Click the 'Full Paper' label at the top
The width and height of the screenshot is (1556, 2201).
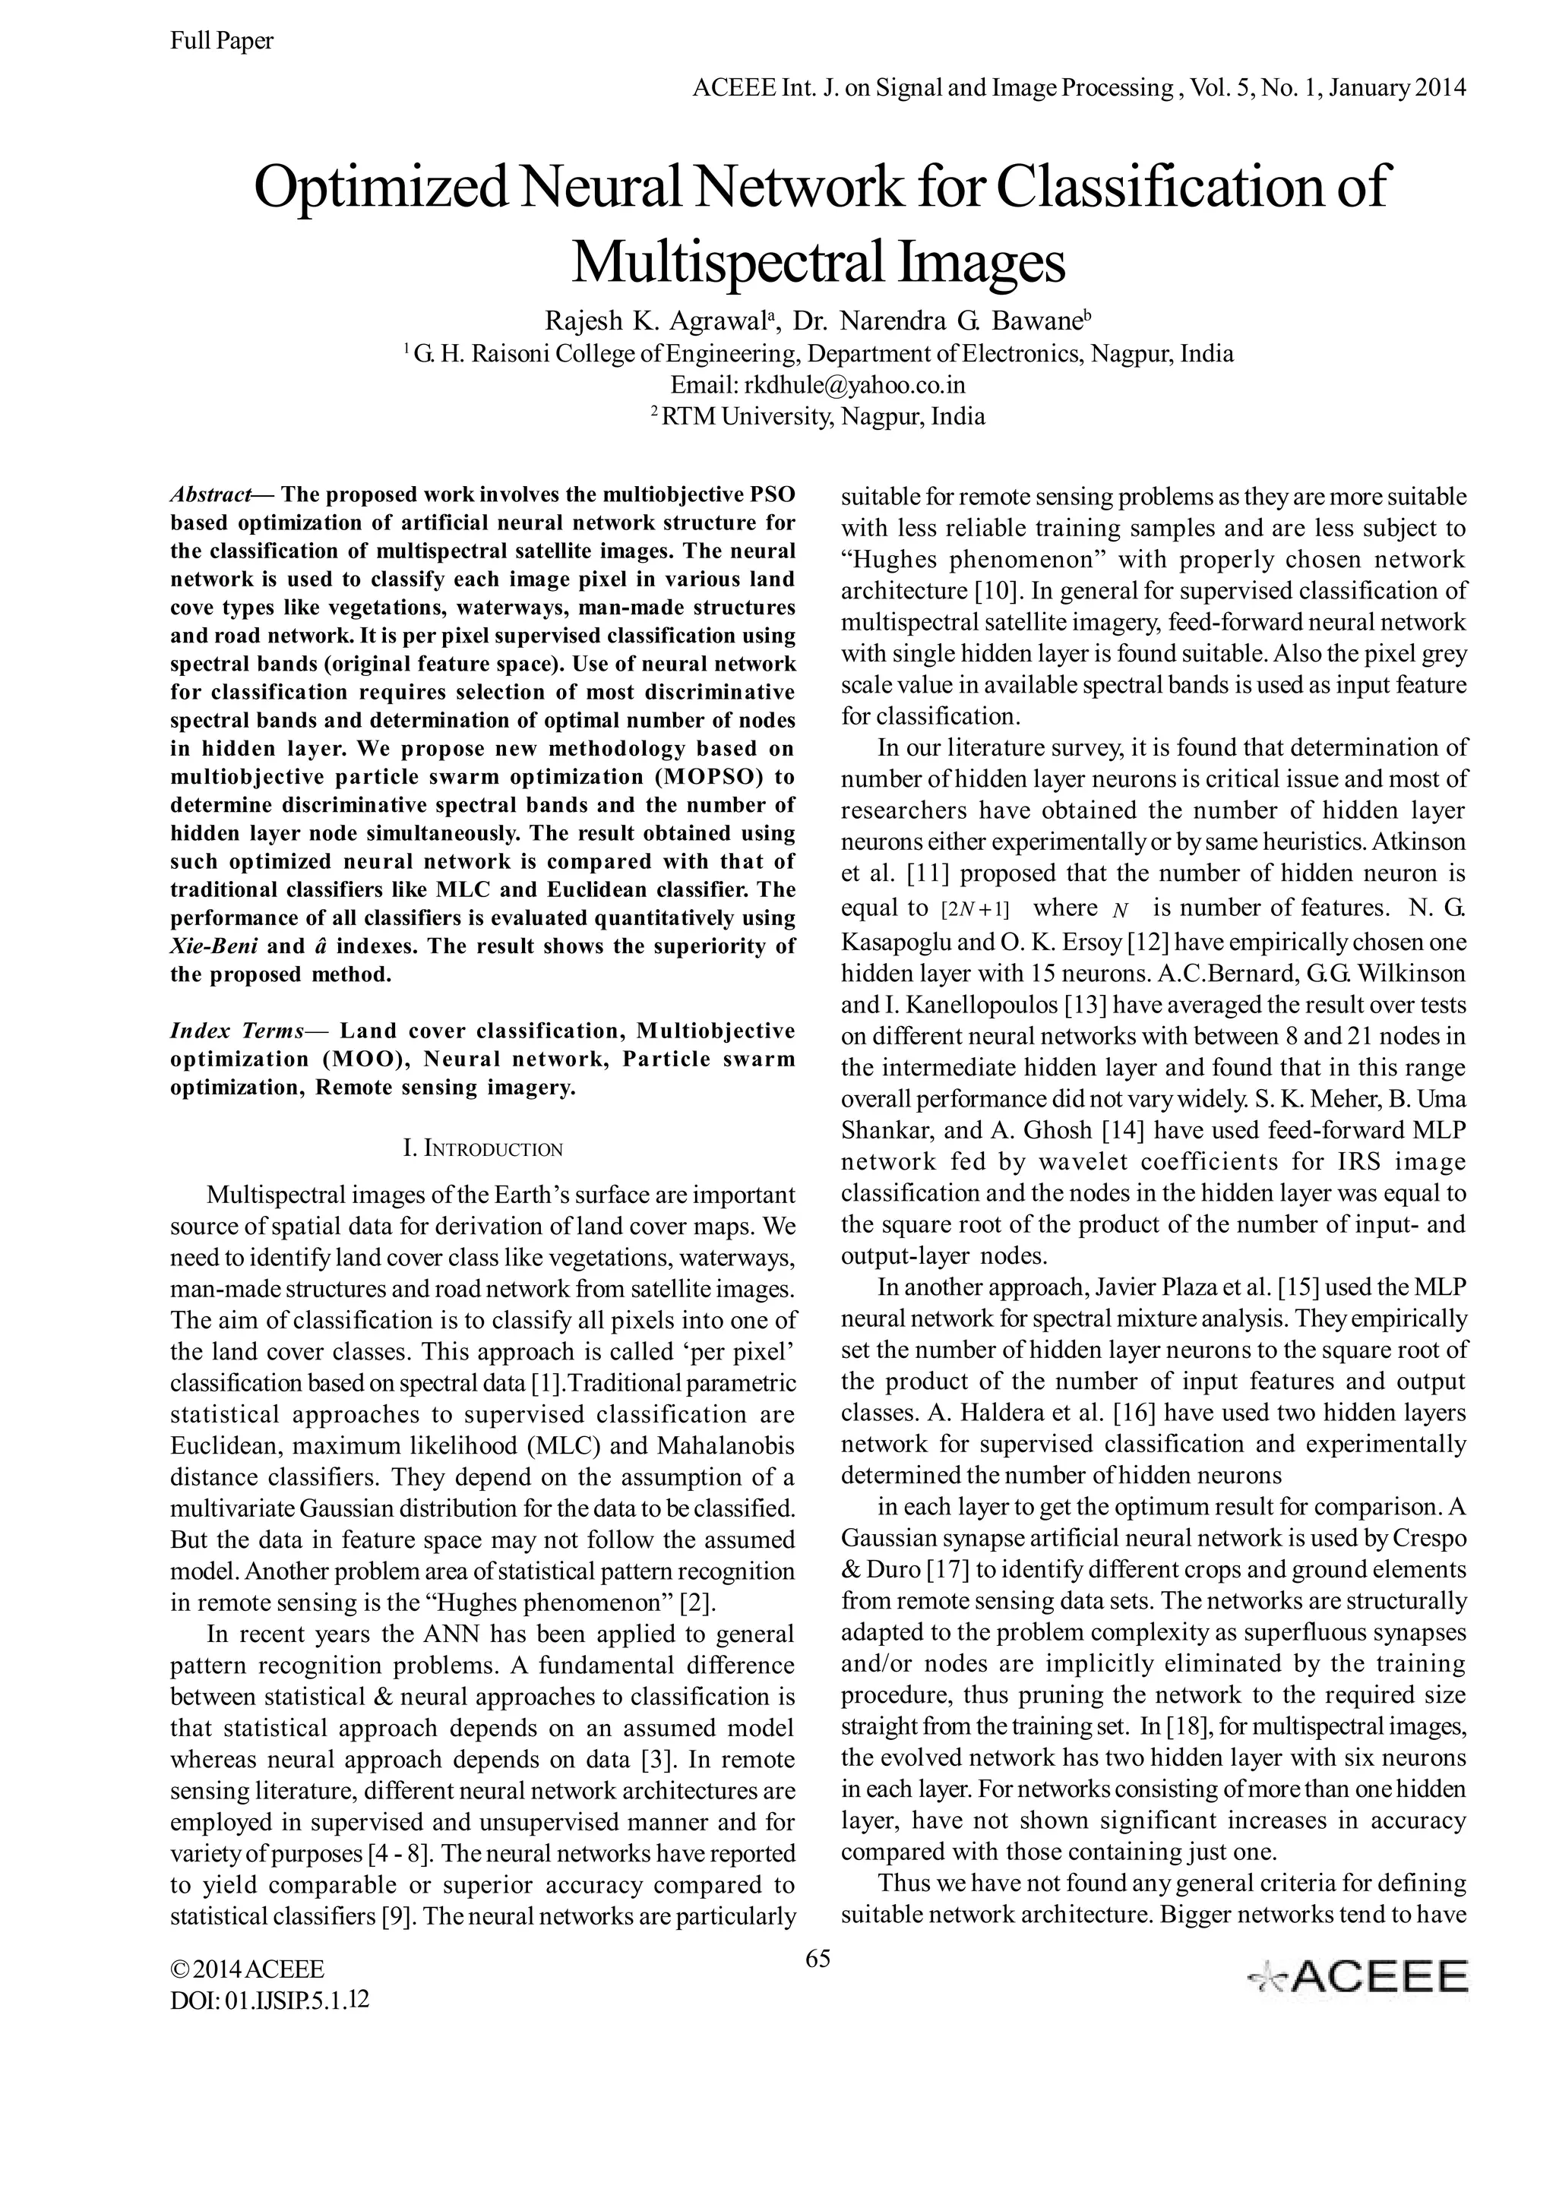click(221, 40)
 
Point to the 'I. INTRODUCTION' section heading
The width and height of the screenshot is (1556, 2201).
click(483, 1148)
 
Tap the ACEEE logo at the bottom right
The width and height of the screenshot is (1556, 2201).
click(1357, 1978)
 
